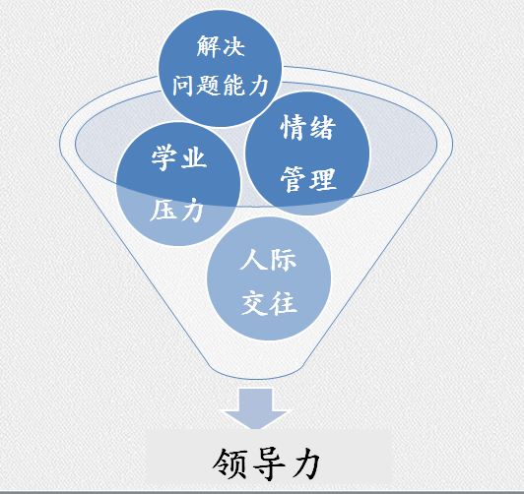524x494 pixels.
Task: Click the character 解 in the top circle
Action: (x=208, y=46)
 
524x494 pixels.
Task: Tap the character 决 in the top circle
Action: (x=233, y=46)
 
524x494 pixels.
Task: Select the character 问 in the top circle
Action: (x=183, y=86)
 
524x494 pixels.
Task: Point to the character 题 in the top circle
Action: (x=208, y=86)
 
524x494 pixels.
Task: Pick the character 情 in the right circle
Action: (x=294, y=127)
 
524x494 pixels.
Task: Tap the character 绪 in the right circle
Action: (x=322, y=127)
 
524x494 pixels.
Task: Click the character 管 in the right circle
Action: (x=294, y=179)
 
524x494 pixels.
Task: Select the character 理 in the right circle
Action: (x=322, y=179)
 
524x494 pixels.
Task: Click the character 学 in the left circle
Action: (x=164, y=157)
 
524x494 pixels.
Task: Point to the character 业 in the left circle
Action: (x=193, y=157)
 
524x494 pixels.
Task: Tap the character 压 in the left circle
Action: (x=163, y=210)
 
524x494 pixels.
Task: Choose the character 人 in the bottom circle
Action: (x=253, y=259)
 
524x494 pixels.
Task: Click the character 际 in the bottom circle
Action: (x=283, y=259)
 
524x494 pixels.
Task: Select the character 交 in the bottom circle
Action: (x=254, y=303)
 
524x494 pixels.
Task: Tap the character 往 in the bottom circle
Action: (x=284, y=303)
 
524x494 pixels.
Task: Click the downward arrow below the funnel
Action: (x=256, y=407)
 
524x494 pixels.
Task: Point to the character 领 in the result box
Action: (x=229, y=463)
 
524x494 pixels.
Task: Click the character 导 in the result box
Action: (x=269, y=463)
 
